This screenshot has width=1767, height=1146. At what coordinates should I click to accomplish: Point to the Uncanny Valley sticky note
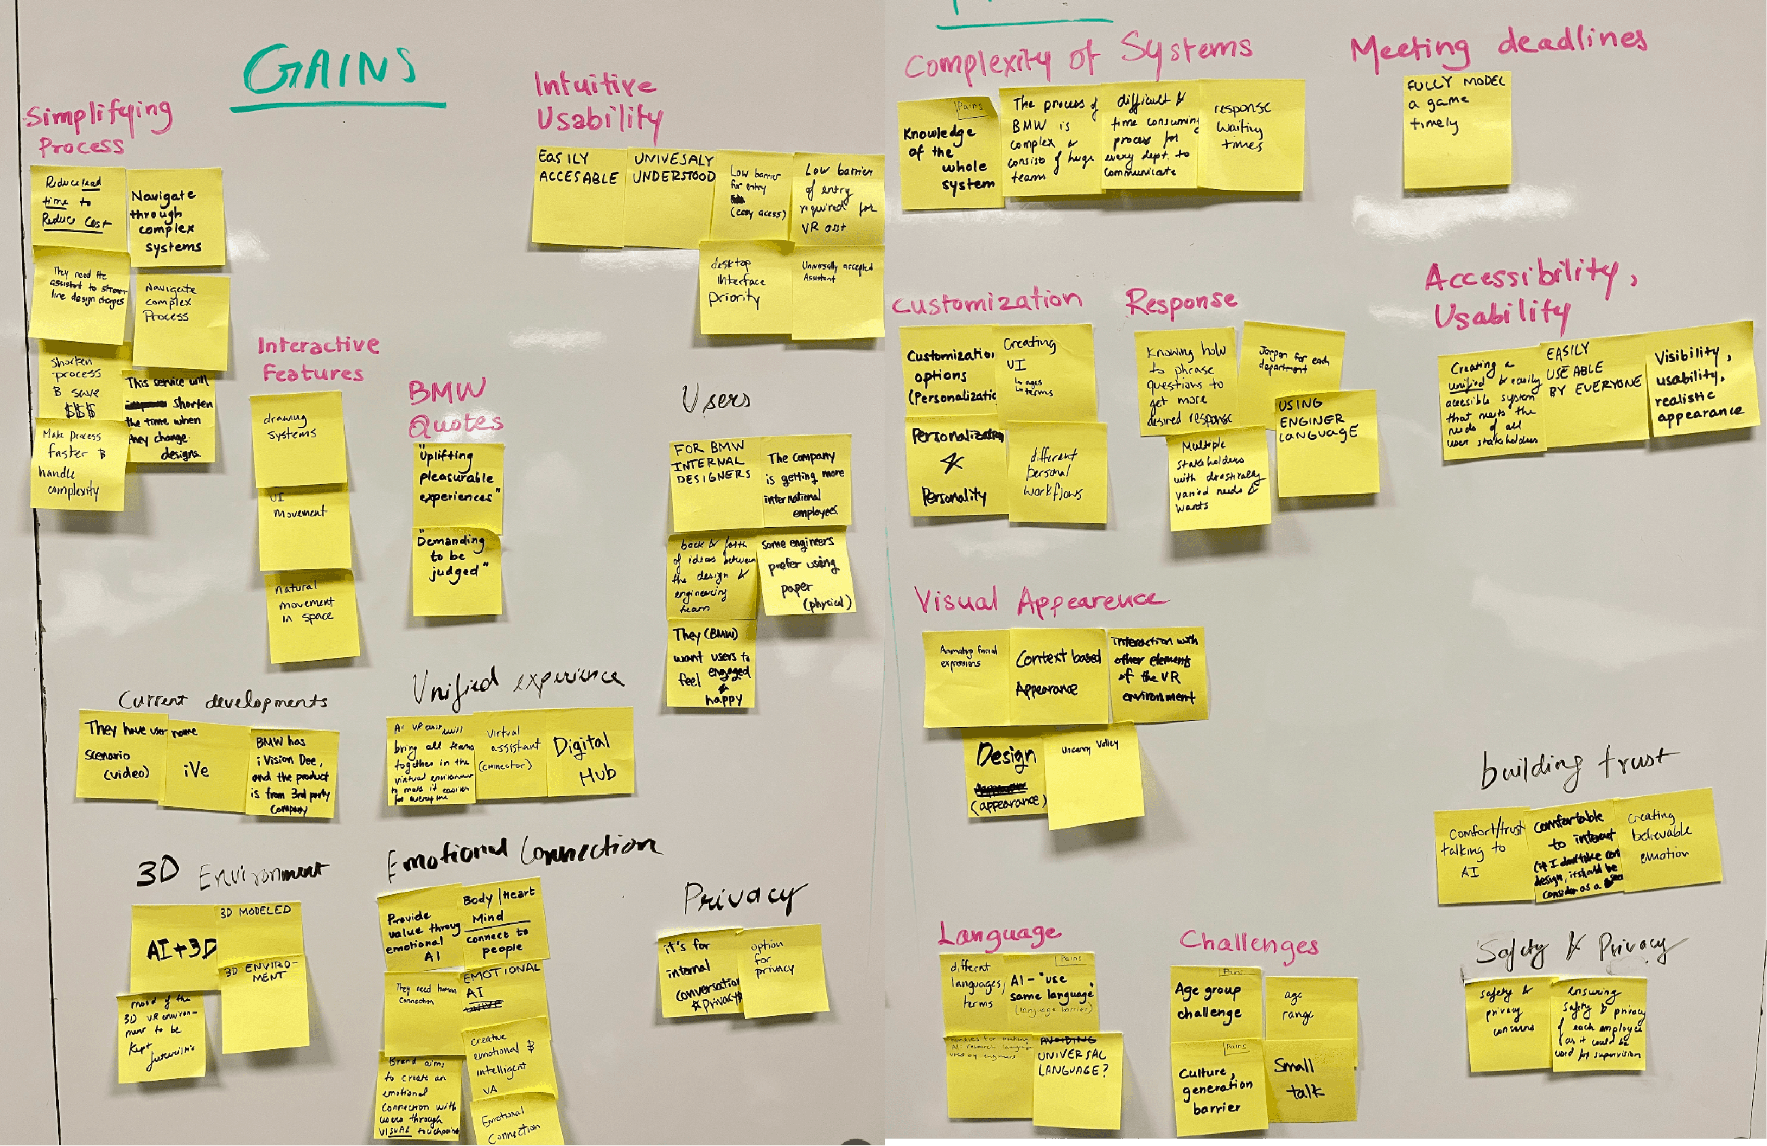tap(1093, 779)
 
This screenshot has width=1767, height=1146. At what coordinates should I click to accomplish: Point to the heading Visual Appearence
tap(1039, 601)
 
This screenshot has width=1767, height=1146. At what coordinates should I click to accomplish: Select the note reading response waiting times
tap(1251, 133)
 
